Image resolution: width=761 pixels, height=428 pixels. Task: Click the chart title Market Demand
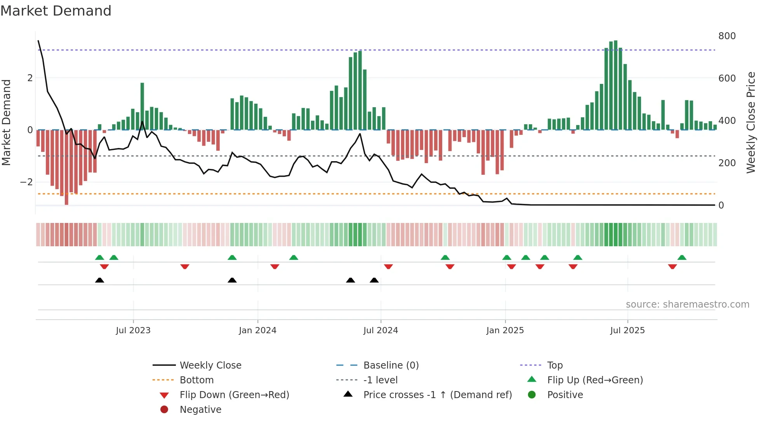click(56, 11)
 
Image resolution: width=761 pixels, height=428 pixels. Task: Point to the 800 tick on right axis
click(727, 36)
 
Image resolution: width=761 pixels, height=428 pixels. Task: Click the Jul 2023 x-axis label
click(133, 331)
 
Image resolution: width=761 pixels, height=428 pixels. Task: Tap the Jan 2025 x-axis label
click(505, 331)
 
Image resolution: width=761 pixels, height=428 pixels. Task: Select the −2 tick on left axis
click(26, 182)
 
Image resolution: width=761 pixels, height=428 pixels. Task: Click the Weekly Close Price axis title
click(751, 122)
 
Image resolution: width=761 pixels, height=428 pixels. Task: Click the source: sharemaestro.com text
click(687, 304)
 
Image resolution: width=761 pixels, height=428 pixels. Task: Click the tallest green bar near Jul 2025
click(615, 85)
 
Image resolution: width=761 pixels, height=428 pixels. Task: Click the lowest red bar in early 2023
click(66, 167)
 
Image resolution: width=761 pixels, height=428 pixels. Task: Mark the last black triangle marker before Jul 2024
click(374, 280)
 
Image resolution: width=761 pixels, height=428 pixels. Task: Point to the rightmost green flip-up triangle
click(682, 257)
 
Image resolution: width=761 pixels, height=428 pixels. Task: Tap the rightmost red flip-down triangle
click(672, 266)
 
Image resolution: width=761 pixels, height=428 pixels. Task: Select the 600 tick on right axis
click(727, 78)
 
